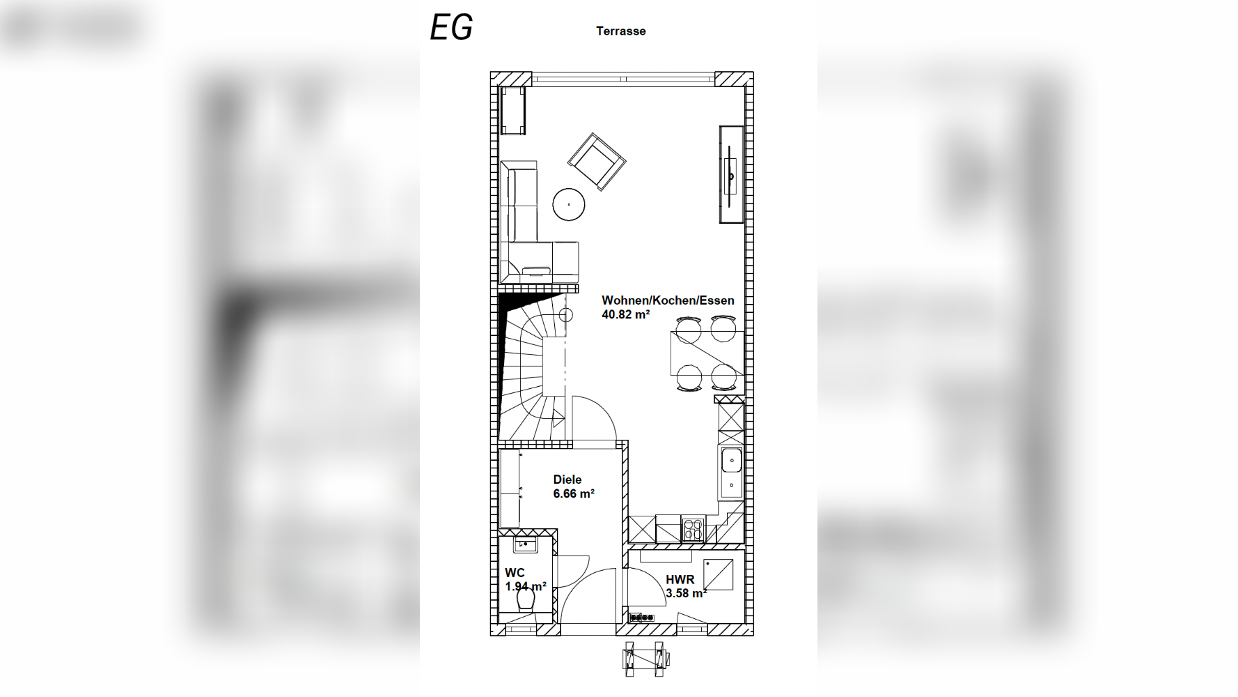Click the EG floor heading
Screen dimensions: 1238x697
pos(451,27)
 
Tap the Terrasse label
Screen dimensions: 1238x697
pos(621,31)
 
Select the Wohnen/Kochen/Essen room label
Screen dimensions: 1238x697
pos(668,300)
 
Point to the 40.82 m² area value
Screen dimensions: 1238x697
pos(626,314)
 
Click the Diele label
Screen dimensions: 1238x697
pos(567,480)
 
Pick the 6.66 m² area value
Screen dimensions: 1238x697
pos(574,493)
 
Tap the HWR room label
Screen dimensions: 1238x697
pos(680,579)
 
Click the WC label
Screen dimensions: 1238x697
pos(515,573)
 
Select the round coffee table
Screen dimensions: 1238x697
pos(569,205)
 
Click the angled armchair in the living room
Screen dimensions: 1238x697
pos(597,162)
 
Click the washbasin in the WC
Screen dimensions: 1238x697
pos(525,544)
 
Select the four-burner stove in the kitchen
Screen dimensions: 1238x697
pos(693,530)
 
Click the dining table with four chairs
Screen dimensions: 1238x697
pos(707,353)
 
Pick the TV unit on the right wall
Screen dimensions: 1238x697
pos(731,174)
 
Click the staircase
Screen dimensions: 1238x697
pos(534,366)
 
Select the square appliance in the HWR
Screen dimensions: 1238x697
pos(718,574)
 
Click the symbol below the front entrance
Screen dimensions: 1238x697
pos(644,658)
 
